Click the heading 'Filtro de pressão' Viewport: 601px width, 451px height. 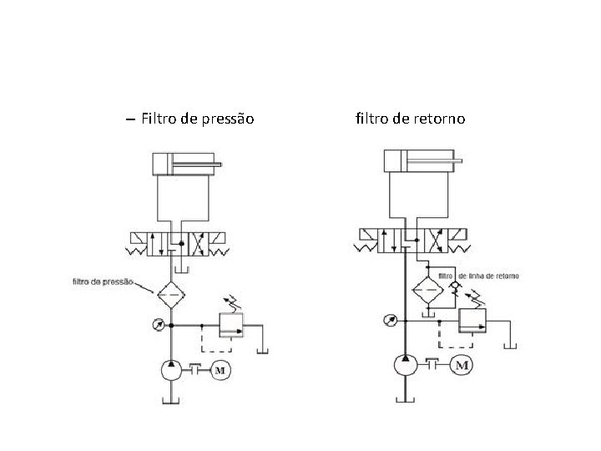click(197, 119)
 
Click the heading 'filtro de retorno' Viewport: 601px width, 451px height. click(410, 119)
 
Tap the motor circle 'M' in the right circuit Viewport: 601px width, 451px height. click(462, 365)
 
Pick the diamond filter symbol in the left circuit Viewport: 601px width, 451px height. click(170, 293)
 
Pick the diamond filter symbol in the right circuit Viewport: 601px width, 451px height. click(428, 289)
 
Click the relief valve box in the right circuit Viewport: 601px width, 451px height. click(472, 320)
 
